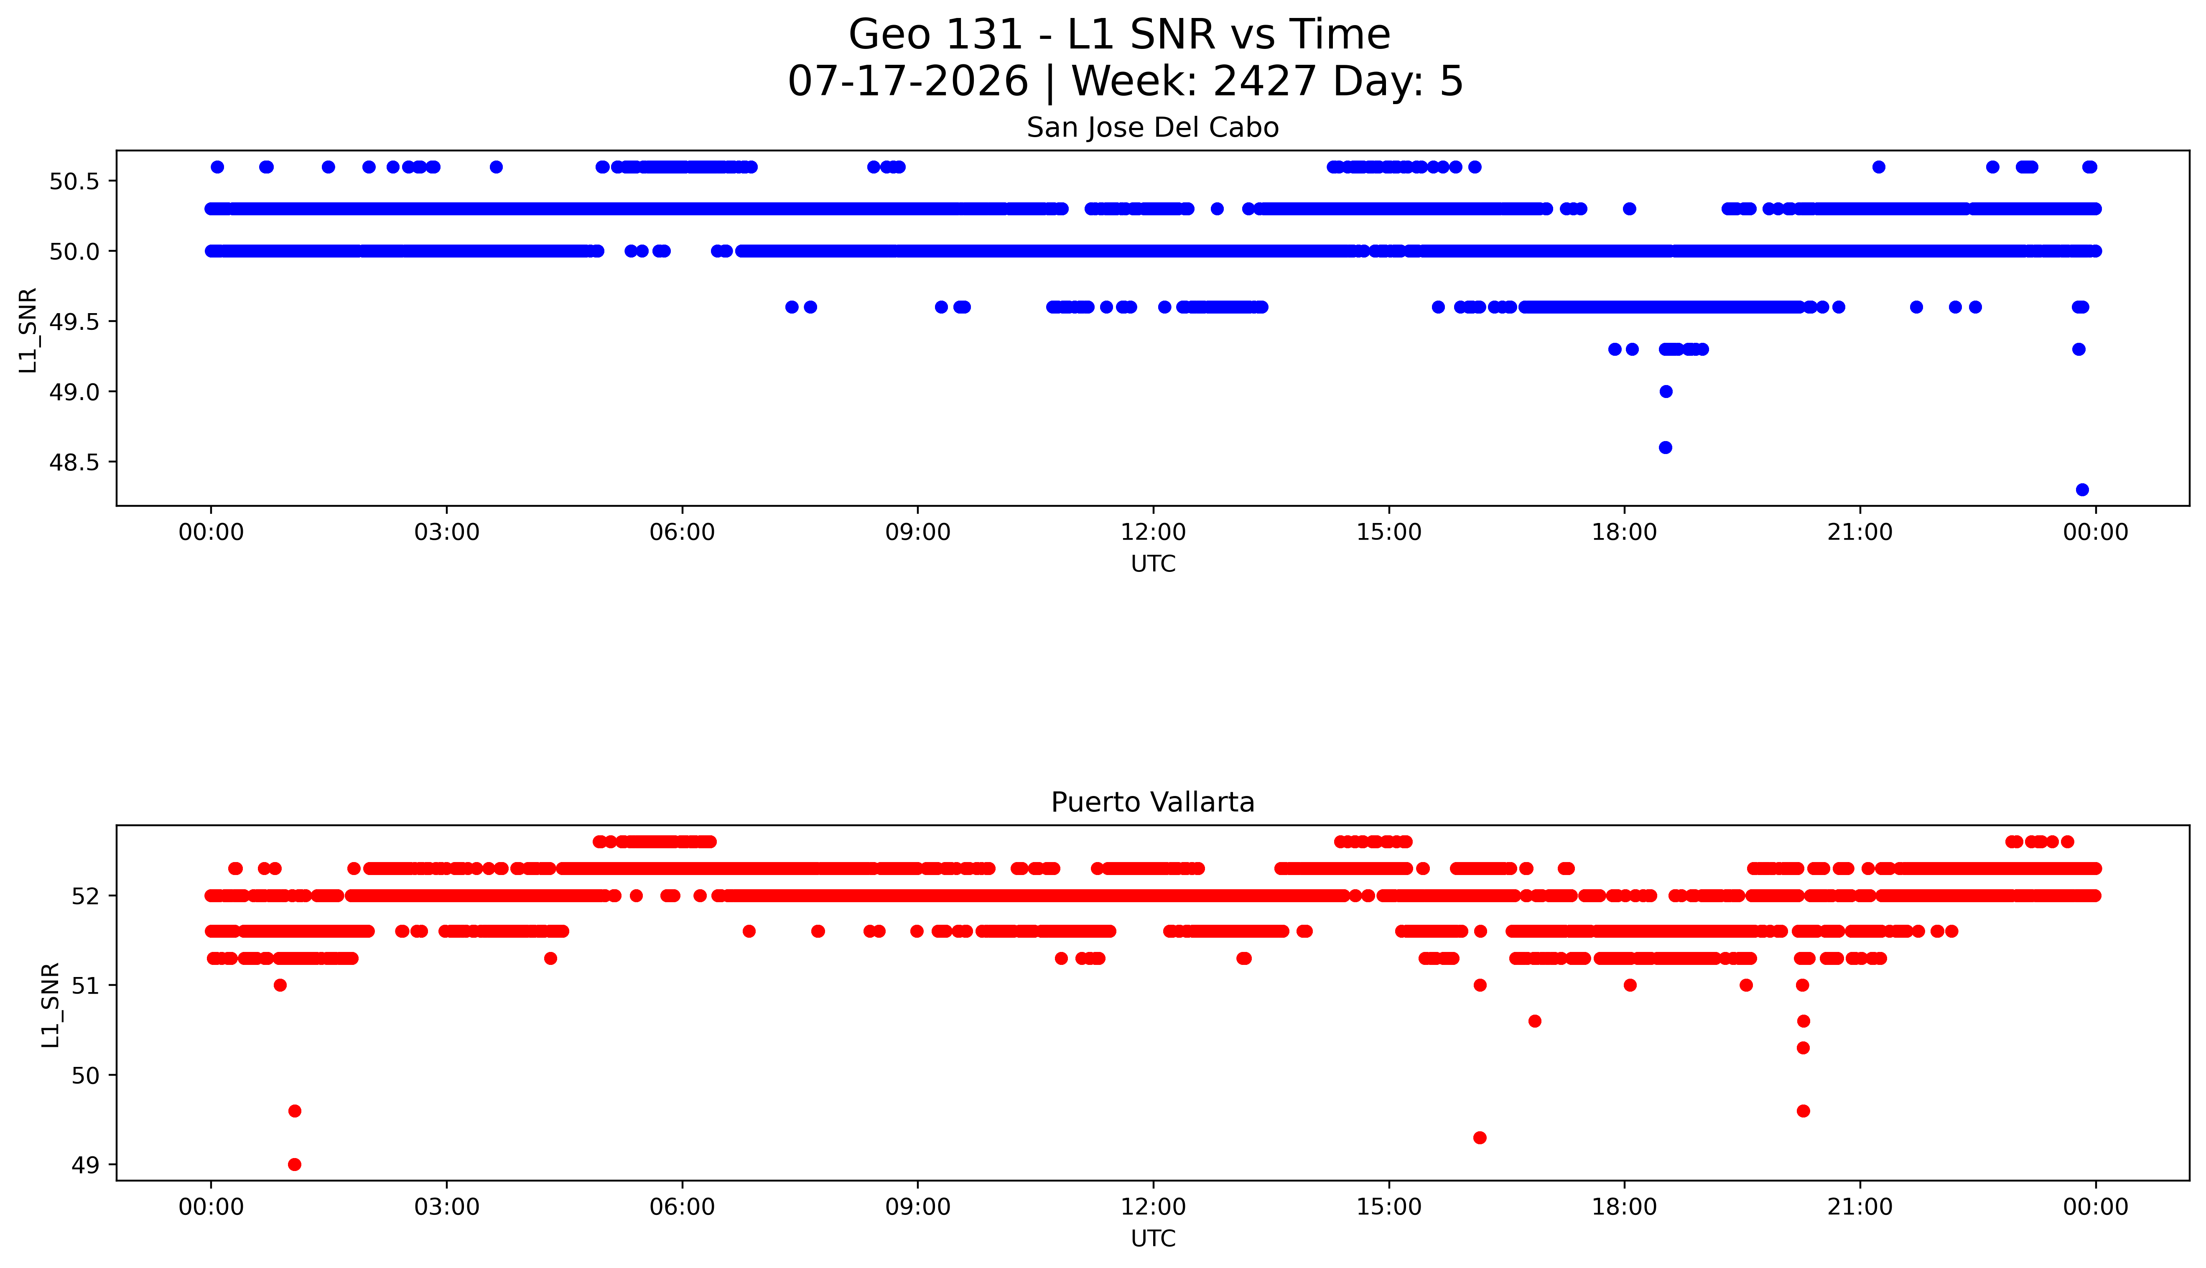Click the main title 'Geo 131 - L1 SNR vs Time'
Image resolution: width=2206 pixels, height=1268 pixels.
1120,35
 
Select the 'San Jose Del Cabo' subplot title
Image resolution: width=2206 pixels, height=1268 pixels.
1153,128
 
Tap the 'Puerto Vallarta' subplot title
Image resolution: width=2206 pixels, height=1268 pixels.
1153,802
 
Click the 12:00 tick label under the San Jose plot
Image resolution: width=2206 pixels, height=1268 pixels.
1154,532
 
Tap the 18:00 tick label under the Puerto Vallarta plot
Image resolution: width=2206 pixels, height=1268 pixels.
1625,1207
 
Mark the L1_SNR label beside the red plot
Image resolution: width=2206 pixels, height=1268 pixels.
51,1005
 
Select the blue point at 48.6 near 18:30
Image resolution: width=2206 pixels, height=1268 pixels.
1666,448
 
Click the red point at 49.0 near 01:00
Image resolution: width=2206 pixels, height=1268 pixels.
294,1164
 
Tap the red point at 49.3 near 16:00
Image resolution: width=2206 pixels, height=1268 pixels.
1480,1138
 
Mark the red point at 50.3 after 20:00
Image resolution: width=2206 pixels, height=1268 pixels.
1803,1048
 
